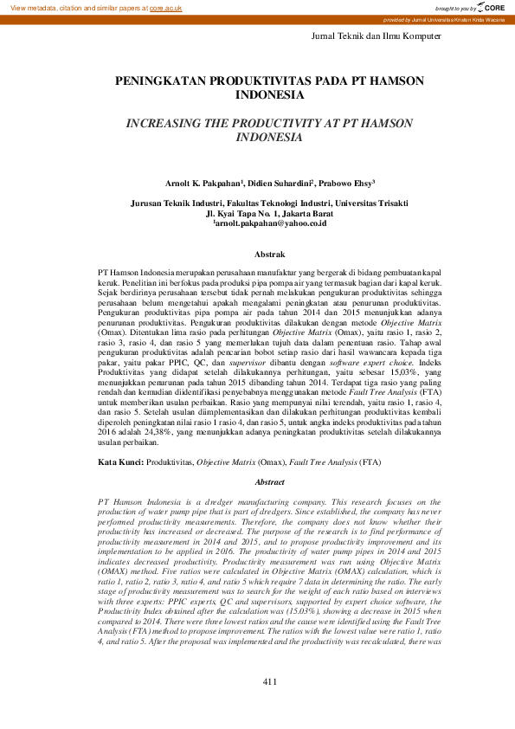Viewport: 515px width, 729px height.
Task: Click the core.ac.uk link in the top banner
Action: click(x=165, y=7)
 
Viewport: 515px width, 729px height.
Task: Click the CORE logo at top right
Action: click(x=489, y=7)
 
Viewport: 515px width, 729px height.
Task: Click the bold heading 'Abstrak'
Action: click(x=269, y=255)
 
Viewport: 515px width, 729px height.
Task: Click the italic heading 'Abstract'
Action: click(x=269, y=481)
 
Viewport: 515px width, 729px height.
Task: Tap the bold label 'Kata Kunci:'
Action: click(x=119, y=463)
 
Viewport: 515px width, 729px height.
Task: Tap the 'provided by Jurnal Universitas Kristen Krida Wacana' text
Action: click(x=444, y=19)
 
